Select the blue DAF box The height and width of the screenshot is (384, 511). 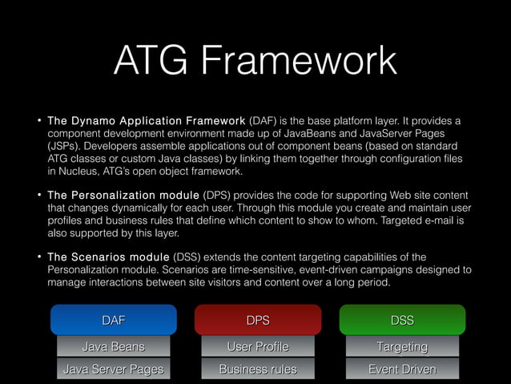coord(113,320)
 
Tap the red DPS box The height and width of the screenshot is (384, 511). coord(257,320)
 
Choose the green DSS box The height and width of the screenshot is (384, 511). coord(401,320)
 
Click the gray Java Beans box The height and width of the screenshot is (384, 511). coord(113,346)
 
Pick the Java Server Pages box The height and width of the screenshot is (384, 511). coord(113,369)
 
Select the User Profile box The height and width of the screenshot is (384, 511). coord(257,346)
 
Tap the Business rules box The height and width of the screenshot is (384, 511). coord(257,369)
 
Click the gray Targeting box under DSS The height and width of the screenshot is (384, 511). coord(401,346)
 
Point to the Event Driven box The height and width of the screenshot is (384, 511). coord(401,369)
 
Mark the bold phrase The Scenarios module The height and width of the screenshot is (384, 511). coord(108,257)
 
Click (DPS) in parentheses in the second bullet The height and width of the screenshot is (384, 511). coord(221,196)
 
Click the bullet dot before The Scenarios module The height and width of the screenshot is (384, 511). coord(37,257)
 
